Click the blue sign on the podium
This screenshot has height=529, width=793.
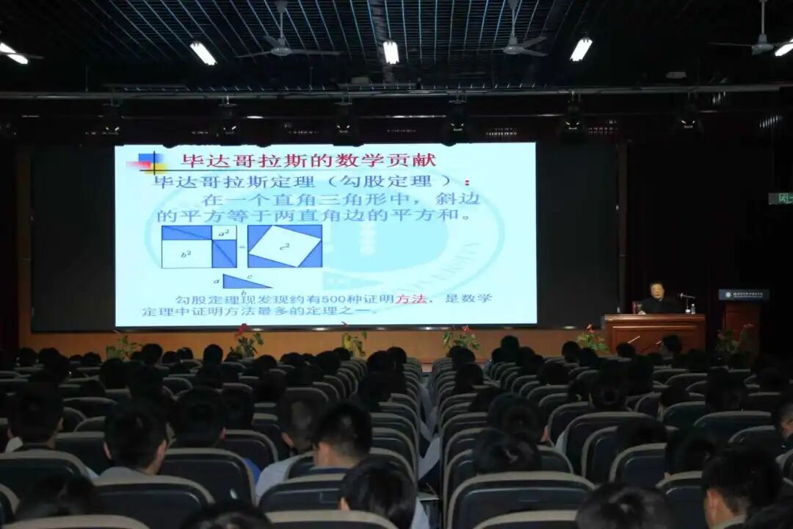click(743, 295)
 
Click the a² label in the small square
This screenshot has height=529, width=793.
click(224, 233)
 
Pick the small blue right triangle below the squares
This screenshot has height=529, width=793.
click(242, 281)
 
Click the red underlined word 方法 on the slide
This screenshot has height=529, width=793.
click(407, 299)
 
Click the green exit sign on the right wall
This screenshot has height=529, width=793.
click(781, 198)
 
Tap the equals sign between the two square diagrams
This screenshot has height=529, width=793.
click(242, 246)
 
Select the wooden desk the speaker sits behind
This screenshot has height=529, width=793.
click(653, 331)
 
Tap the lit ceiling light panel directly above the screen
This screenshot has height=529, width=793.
click(391, 51)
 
